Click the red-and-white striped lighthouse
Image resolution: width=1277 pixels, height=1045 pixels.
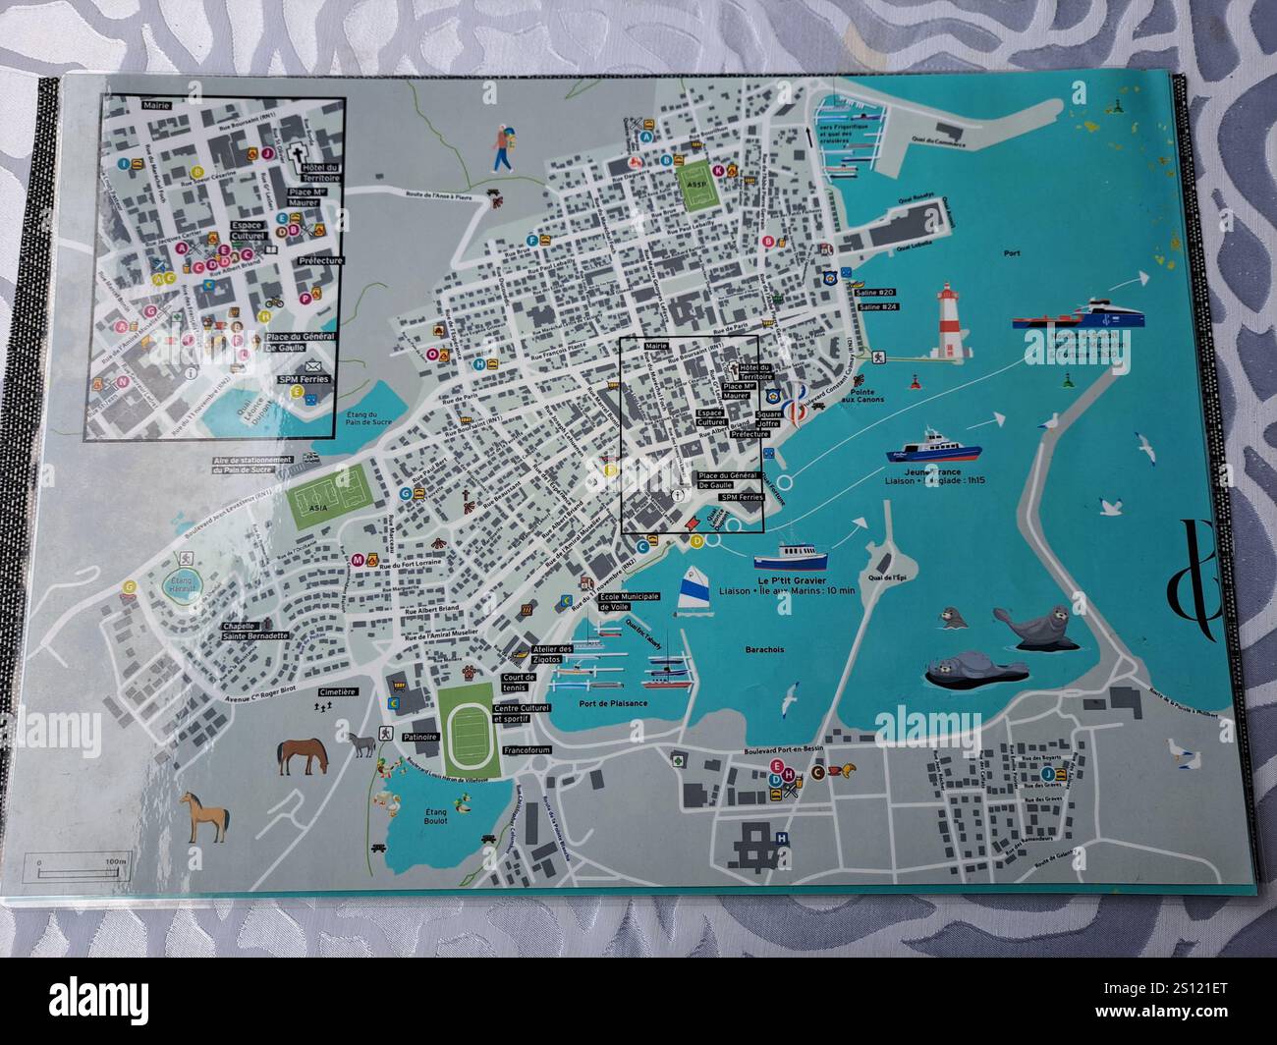(949, 323)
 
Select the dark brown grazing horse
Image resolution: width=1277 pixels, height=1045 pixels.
(304, 754)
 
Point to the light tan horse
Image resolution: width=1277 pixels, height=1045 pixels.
(205, 816)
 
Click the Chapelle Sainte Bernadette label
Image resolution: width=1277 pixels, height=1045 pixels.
(255, 631)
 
